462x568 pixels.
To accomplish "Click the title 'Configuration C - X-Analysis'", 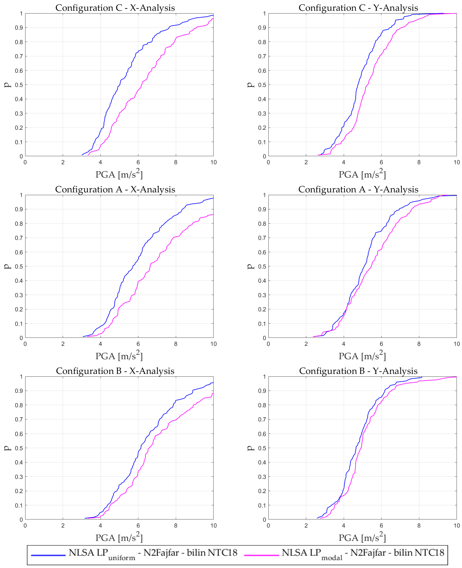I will (x=115, y=8).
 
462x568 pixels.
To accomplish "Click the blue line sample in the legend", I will (x=48, y=555).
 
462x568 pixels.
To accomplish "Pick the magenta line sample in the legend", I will (x=262, y=555).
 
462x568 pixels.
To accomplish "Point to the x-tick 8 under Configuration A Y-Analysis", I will (x=419, y=344).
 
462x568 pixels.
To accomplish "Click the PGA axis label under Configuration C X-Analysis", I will (x=119, y=174).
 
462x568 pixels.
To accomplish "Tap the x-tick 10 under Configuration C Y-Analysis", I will (x=456, y=162).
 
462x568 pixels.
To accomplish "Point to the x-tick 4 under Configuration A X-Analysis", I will (x=100, y=344).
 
